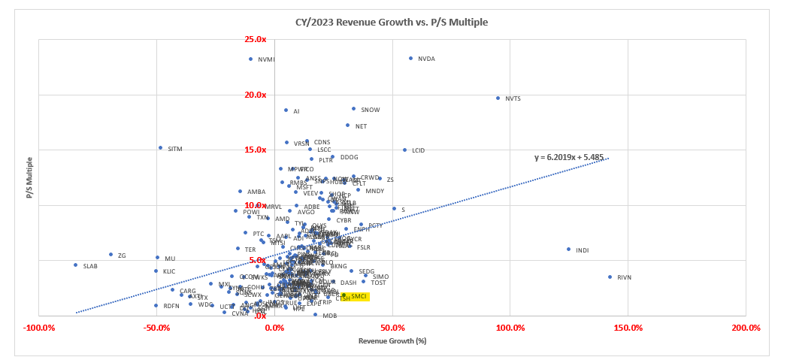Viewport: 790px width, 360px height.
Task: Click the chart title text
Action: [392, 22]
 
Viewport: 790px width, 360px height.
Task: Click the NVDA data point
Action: [410, 58]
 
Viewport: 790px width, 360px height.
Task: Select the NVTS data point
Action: [498, 98]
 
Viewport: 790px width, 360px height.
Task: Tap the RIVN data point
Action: [610, 277]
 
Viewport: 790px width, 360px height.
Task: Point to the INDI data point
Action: [568, 249]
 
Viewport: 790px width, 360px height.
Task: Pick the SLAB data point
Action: [75, 265]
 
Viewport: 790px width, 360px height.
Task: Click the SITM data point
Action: [160, 147]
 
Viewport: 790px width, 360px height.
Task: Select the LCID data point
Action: [404, 150]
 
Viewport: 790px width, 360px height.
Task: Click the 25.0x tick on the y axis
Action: [256, 39]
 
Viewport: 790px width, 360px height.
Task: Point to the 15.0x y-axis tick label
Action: [256, 150]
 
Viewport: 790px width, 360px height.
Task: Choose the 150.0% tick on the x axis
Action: [628, 328]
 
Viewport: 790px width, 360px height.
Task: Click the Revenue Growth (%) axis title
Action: [392, 341]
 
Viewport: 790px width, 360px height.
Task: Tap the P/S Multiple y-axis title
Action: [29, 177]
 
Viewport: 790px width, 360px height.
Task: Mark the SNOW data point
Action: [353, 108]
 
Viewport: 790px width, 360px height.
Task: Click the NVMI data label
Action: [266, 59]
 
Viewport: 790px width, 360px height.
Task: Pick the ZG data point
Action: [110, 254]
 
